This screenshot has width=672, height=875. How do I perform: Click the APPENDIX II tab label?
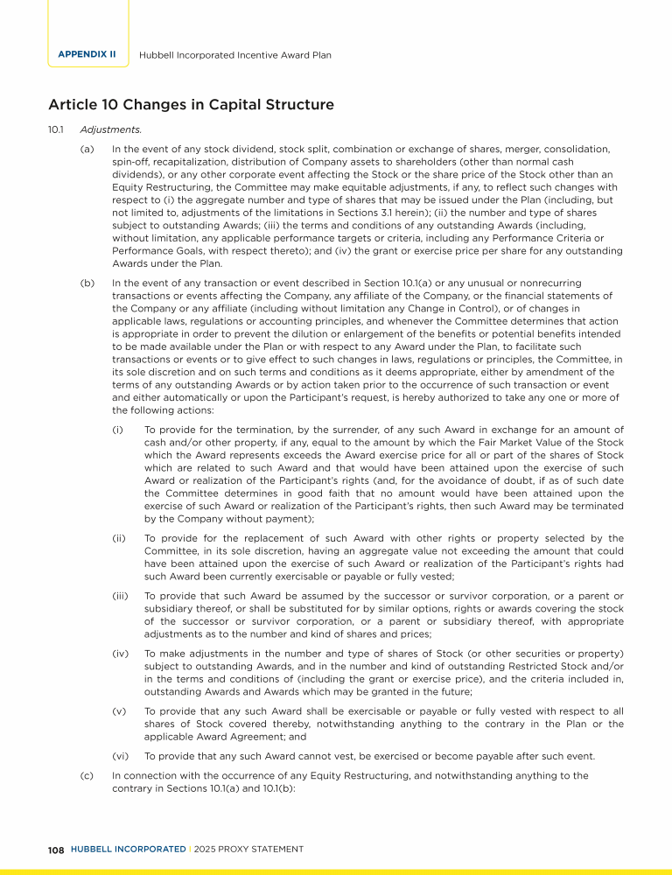87,54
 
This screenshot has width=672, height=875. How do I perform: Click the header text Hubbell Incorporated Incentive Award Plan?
235,54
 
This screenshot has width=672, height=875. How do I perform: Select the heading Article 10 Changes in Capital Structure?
191,105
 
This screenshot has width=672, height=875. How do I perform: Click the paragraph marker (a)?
87,150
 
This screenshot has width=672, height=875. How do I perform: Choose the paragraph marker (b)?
87,283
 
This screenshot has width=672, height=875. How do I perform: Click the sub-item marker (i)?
117,430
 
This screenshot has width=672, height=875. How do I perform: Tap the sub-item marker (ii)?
119,538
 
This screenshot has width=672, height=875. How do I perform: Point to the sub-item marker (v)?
119,712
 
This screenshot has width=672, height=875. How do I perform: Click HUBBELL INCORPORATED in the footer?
128,849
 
